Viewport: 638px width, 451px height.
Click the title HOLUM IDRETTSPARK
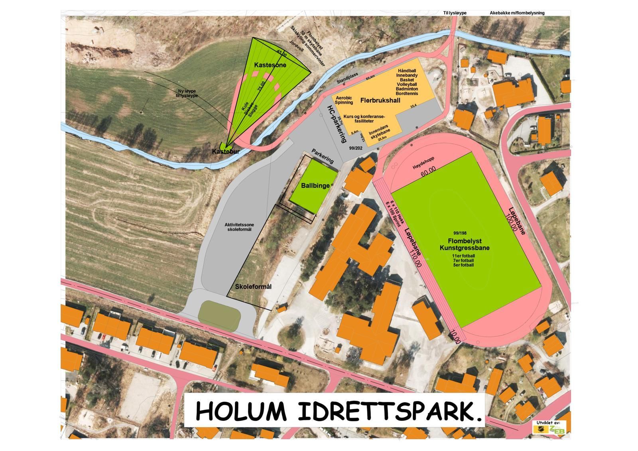[338, 411]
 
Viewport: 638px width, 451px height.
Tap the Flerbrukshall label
[380, 100]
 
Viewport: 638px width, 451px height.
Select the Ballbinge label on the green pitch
[315, 185]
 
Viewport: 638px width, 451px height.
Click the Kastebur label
[226, 152]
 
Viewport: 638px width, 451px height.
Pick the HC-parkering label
[337, 124]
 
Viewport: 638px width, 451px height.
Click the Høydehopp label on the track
[423, 163]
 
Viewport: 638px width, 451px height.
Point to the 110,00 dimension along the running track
[416, 258]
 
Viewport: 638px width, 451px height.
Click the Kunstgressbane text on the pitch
[465, 248]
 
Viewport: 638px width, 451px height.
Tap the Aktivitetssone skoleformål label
[239, 227]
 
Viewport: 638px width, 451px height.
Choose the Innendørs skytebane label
[379, 133]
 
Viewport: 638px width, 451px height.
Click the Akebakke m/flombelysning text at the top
[517, 13]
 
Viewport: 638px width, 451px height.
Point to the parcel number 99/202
[356, 148]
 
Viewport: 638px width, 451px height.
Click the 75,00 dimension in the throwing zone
[262, 86]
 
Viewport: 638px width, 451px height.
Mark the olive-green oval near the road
[219, 313]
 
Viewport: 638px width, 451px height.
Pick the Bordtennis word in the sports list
[407, 93]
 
